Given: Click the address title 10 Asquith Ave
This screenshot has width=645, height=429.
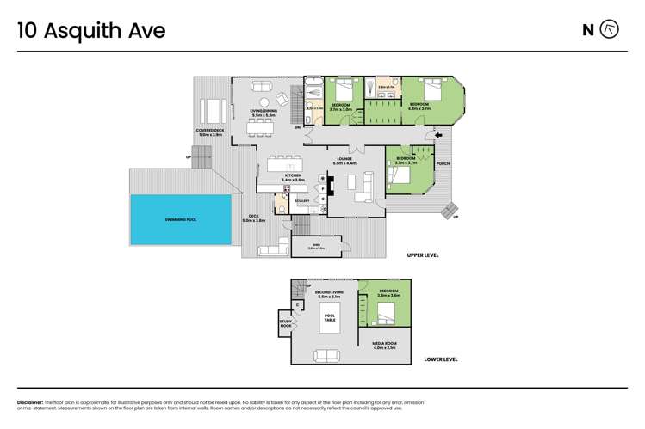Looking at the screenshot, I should (x=91, y=31).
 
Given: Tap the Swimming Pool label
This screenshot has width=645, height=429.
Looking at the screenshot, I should (x=181, y=219).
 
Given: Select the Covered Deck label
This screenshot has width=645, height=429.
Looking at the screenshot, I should (x=211, y=132).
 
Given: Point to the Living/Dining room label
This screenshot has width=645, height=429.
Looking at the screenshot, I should (x=263, y=112).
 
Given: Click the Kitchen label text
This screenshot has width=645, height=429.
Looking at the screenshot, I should (x=295, y=176).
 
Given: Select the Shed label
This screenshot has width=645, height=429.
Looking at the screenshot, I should (x=316, y=246).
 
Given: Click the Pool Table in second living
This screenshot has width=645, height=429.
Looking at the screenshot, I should (x=329, y=321).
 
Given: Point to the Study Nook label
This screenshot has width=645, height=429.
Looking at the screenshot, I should (x=285, y=325).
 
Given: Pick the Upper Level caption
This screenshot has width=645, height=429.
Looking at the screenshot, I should (x=426, y=256).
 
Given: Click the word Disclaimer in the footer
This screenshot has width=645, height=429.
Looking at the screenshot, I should (x=30, y=402).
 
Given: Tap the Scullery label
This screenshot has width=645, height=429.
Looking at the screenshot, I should (x=302, y=201).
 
